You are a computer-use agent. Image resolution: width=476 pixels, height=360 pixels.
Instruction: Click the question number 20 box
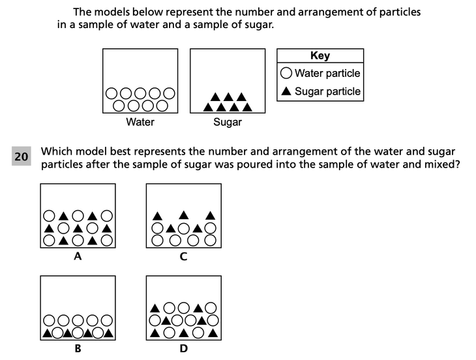click(21, 157)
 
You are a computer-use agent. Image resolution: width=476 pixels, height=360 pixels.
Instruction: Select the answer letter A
click(78, 257)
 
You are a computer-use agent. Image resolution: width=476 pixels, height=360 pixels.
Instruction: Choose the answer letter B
click(78, 348)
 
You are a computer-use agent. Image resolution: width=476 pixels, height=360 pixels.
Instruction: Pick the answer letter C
click(183, 257)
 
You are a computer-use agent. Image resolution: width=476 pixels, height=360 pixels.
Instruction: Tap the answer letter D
click(183, 348)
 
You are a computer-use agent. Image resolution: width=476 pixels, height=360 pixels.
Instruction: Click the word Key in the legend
click(320, 56)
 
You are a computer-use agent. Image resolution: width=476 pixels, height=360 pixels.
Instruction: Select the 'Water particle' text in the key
click(327, 73)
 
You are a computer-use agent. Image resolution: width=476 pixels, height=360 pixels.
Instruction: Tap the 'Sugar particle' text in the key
click(327, 91)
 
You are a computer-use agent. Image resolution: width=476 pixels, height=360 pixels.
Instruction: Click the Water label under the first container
click(140, 122)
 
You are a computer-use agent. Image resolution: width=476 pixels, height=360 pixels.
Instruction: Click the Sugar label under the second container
click(228, 122)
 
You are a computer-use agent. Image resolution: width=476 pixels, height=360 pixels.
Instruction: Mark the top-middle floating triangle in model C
click(184, 215)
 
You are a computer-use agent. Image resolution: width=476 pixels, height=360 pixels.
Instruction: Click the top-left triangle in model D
click(155, 307)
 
